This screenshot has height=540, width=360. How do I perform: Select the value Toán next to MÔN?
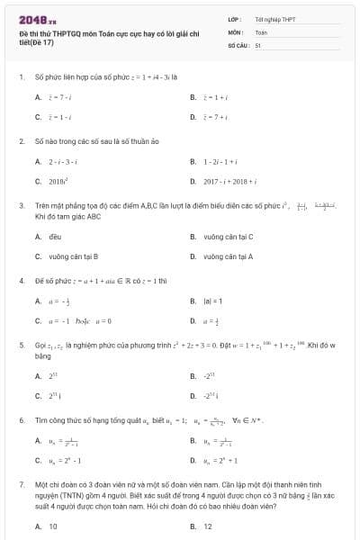pos(261,31)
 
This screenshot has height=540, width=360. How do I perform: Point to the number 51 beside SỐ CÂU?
pos(257,44)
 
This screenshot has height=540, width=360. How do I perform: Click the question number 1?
pos(21,77)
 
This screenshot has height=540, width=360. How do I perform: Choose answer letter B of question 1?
pos(193,96)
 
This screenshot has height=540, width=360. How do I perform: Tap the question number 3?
pos(21,205)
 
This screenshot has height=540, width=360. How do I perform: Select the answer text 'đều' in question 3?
pos(54,237)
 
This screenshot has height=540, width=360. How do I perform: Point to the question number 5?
pos(21,345)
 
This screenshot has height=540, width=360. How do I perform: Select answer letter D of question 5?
pos(193,396)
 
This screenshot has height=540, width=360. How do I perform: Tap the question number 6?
pos(21,420)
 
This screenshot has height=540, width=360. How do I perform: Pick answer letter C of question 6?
pos(38,461)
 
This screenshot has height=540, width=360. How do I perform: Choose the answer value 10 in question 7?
pos(53,526)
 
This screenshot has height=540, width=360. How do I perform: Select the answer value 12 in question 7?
pos(208,526)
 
